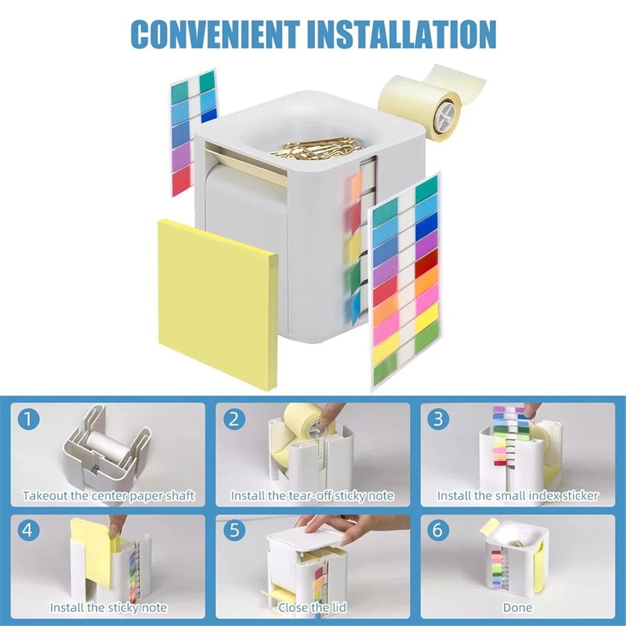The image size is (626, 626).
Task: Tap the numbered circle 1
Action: coord(28,419)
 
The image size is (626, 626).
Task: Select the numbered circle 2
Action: coord(234,419)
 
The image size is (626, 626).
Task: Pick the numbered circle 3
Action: coord(438,419)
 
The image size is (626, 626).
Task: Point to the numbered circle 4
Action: coord(28,530)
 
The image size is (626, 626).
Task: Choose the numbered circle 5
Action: coord(234,530)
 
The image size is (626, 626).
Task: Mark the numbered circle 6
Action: coord(438,530)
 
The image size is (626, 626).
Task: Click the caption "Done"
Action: coord(517,607)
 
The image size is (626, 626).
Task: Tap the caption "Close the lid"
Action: coord(312,607)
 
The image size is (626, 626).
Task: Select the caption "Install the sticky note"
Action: coord(109,607)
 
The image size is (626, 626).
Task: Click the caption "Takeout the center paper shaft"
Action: coord(109,496)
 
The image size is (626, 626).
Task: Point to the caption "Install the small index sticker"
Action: coord(517,496)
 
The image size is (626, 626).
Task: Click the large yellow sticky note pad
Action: coord(216,297)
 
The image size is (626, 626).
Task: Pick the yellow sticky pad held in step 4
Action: coord(91,548)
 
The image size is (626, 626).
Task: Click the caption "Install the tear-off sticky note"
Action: coord(312,496)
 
